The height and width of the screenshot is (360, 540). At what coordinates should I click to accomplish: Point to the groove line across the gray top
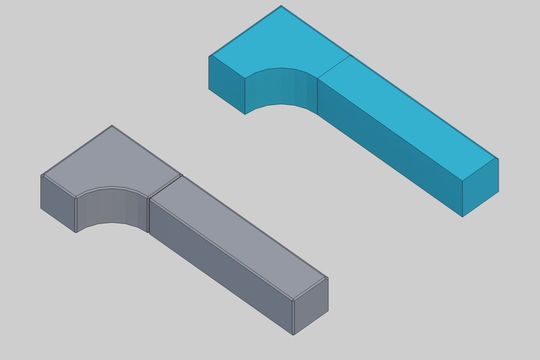coord(165,186)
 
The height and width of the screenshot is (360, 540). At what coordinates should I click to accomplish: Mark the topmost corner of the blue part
coord(281,6)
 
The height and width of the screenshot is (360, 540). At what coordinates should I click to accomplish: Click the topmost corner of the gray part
coord(112,126)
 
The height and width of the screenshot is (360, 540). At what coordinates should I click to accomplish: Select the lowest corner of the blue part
coord(463,216)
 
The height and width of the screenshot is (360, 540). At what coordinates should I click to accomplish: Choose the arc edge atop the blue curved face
coord(281,68)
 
